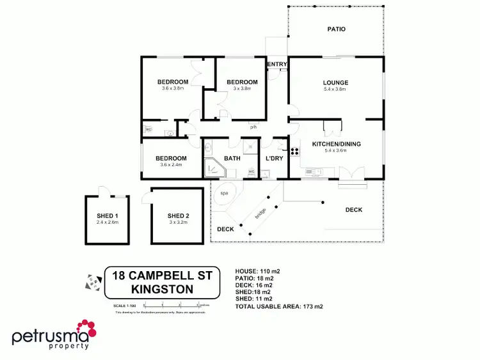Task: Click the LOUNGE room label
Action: [x=335, y=82]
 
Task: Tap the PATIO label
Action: [x=337, y=29]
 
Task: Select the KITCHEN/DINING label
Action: [x=336, y=144]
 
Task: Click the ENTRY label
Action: [x=276, y=64]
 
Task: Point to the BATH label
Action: [x=232, y=158]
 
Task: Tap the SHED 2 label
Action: [x=178, y=215]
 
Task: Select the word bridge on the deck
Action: [x=260, y=214]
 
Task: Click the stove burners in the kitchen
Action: [x=295, y=152]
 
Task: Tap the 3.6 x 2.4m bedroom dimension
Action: [x=171, y=165]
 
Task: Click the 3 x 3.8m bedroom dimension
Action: [x=242, y=89]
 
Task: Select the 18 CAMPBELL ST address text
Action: [x=166, y=276]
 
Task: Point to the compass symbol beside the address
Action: [x=93, y=281]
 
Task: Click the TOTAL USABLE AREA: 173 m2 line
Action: [x=280, y=307]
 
